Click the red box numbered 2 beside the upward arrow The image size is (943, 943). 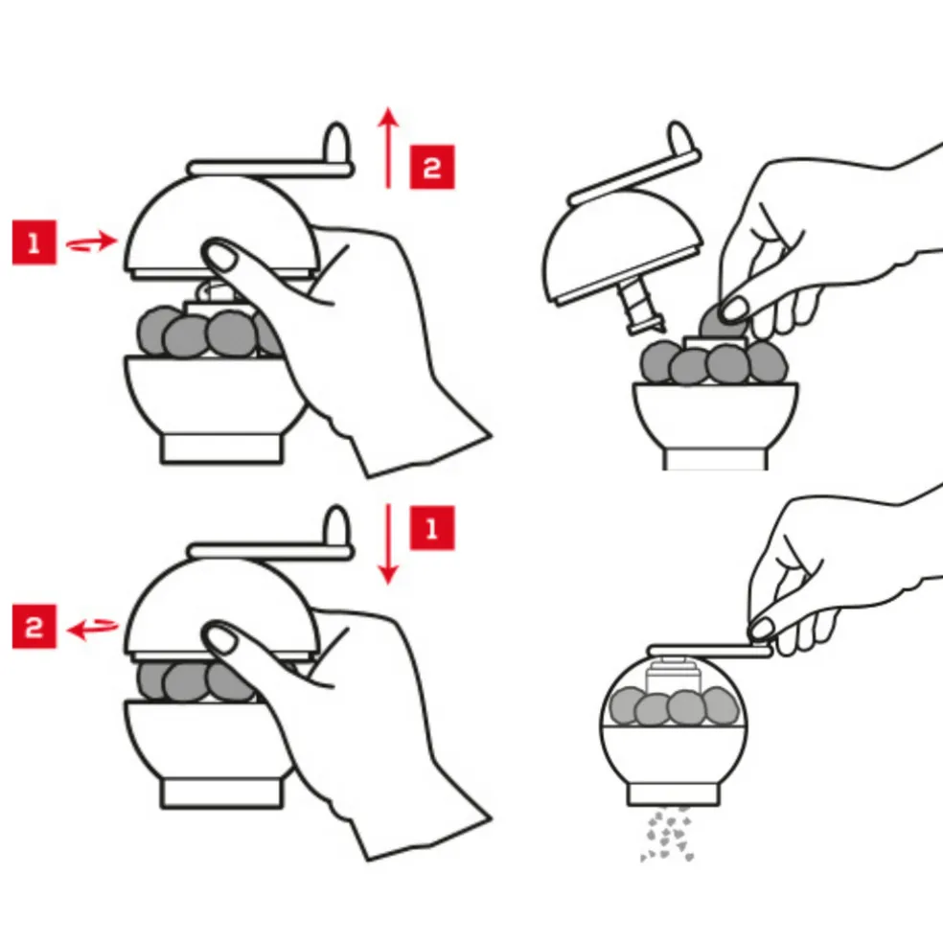click(x=432, y=167)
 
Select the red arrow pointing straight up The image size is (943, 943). click(x=388, y=148)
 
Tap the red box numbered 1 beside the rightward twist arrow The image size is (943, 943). click(x=34, y=242)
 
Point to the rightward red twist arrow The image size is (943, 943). click(x=91, y=242)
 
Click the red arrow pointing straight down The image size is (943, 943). click(x=388, y=544)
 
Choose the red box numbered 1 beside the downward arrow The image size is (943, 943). click(x=432, y=528)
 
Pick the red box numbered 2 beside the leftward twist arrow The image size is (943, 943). click(x=34, y=627)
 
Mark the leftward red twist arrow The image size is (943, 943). click(x=92, y=629)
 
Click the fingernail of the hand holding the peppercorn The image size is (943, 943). click(x=734, y=310)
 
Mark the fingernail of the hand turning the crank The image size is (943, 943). click(x=762, y=628)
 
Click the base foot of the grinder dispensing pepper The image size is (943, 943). click(x=673, y=793)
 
